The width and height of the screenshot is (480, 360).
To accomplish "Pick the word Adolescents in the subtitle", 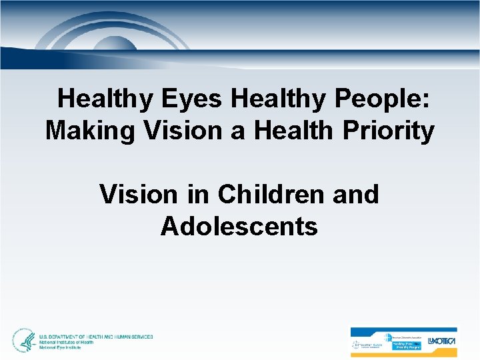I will pos(239,227).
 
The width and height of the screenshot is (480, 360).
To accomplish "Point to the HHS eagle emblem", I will pos(25,341).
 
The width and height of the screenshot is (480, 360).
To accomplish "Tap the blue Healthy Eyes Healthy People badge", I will pos(408,345).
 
